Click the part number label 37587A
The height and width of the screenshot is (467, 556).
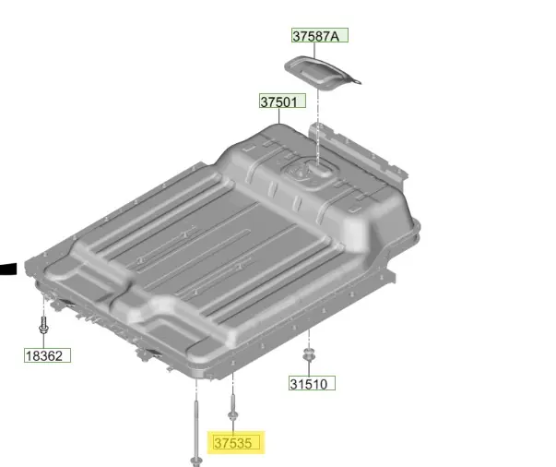[320, 35]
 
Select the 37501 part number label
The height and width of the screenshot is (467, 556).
[282, 102]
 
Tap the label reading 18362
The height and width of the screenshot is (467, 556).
[48, 355]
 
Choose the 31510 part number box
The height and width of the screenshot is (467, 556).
[312, 383]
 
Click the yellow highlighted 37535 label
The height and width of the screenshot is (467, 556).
[236, 442]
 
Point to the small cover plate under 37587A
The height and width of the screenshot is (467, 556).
[321, 74]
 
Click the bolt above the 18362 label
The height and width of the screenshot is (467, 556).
[43, 325]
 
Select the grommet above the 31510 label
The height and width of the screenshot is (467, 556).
[309, 355]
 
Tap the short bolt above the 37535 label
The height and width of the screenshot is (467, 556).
[232, 407]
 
